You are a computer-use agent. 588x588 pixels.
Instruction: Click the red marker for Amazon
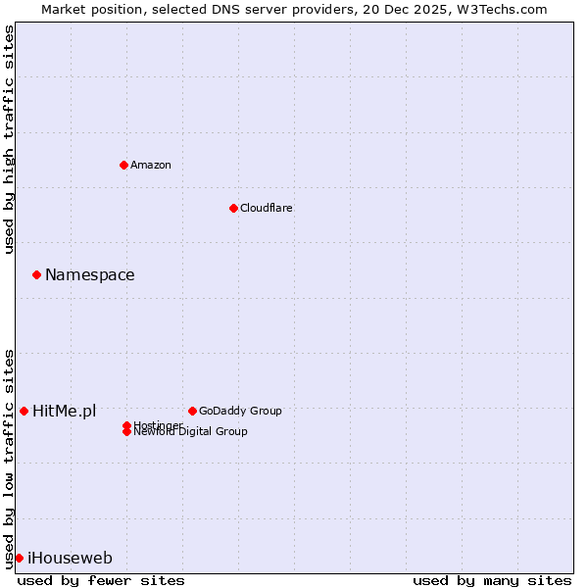click(x=123, y=165)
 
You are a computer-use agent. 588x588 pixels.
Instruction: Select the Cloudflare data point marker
click(x=233, y=208)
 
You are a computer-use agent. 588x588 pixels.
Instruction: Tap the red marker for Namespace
click(x=36, y=274)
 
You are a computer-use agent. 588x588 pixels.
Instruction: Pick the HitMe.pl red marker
click(x=24, y=411)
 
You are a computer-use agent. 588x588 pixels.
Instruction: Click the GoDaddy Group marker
click(x=192, y=411)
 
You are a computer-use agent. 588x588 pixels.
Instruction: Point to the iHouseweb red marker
click(x=19, y=558)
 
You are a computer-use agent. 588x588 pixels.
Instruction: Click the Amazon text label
click(x=151, y=165)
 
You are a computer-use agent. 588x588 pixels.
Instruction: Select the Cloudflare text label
click(x=267, y=208)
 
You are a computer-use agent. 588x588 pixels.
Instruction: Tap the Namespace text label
click(x=90, y=275)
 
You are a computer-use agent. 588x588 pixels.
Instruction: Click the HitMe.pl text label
click(x=65, y=412)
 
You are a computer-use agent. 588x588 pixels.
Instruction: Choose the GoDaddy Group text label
click(x=240, y=411)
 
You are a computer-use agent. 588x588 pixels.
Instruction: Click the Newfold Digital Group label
click(x=190, y=432)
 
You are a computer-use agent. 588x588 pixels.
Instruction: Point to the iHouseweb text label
click(x=70, y=559)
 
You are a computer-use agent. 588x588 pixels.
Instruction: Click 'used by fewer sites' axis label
click(x=101, y=580)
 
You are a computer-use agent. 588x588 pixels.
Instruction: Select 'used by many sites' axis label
click(x=492, y=580)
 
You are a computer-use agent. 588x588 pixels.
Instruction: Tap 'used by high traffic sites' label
click(x=9, y=139)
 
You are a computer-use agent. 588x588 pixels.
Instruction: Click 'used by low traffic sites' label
click(x=9, y=458)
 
